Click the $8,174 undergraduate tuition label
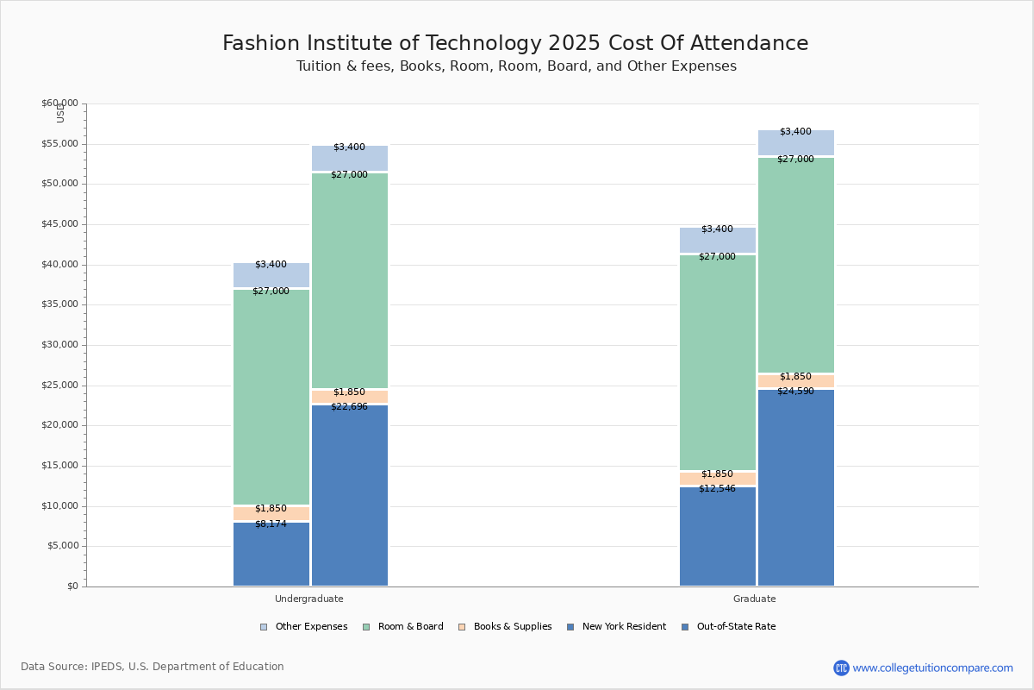(271, 524)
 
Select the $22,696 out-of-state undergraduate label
(349, 406)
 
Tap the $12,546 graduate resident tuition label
(717, 488)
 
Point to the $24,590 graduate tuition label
(795, 391)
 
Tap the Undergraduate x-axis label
(309, 599)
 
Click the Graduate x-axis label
(755, 599)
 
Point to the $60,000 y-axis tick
(59, 103)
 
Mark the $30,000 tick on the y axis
(59, 345)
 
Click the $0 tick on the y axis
(72, 586)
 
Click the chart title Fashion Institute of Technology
(515, 43)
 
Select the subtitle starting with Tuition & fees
(515, 66)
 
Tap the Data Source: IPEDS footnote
(153, 667)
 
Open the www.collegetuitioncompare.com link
(932, 668)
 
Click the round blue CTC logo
(841, 668)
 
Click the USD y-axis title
(60, 113)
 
